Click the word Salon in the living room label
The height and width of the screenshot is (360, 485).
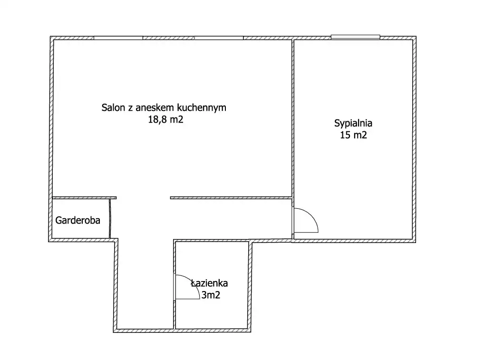[113, 107]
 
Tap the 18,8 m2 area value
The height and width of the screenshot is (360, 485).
[165, 119]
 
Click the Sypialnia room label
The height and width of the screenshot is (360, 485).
[353, 123]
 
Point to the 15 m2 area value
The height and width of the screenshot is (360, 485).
[353, 135]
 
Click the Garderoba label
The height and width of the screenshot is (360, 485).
[78, 220]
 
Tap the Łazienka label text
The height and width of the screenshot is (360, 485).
[209, 283]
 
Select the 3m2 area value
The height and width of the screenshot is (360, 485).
[211, 295]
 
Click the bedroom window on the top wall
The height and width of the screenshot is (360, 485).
[355, 37]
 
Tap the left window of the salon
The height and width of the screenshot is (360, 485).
[118, 38]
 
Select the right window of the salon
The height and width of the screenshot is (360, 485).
[219, 38]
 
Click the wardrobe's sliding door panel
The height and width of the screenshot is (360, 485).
[110, 219]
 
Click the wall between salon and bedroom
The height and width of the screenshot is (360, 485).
[292, 118]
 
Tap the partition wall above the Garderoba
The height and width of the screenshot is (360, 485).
[85, 198]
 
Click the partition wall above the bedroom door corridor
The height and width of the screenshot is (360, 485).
[231, 198]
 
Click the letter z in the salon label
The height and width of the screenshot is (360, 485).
[130, 108]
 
